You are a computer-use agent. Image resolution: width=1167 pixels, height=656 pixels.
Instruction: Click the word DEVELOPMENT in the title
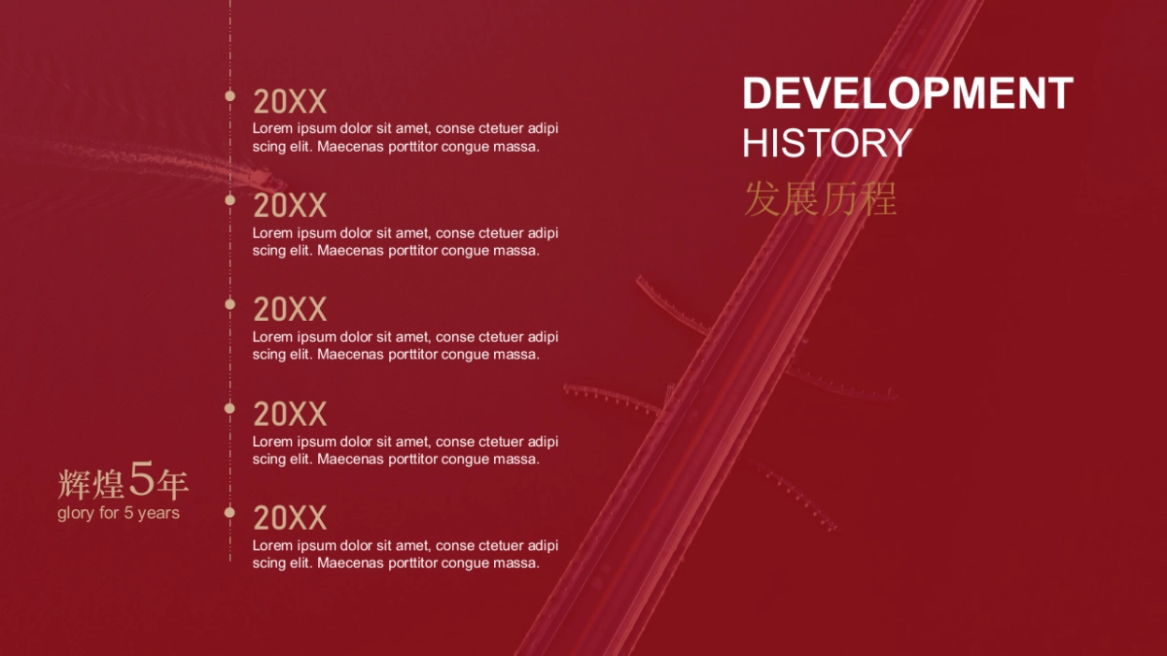(907, 93)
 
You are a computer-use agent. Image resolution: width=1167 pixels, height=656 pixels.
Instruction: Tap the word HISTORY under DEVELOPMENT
(828, 143)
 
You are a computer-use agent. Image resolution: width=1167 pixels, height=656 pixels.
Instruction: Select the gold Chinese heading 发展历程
(821, 199)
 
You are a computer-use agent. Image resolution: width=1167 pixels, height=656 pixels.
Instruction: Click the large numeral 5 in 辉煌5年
(141, 479)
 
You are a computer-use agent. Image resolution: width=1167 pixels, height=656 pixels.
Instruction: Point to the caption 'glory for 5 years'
(119, 513)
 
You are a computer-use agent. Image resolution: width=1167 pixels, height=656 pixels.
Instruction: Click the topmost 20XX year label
(290, 101)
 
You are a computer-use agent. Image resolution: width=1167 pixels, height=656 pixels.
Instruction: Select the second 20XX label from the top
(290, 206)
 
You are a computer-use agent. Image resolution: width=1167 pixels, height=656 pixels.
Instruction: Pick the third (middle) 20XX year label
(290, 310)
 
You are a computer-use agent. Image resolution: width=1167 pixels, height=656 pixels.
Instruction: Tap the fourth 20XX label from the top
(290, 414)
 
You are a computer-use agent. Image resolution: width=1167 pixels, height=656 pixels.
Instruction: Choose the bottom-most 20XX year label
(290, 518)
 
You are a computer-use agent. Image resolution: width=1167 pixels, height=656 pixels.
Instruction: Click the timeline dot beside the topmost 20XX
(230, 96)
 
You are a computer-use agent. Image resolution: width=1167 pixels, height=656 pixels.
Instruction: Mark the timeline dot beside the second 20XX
(230, 200)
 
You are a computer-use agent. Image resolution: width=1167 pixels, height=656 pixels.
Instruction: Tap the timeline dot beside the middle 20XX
(230, 304)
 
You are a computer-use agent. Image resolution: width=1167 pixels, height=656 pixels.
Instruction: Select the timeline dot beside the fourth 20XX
(230, 408)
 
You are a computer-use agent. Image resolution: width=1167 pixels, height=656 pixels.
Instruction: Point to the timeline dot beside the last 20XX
(230, 512)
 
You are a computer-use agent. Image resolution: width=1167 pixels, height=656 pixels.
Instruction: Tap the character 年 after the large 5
(172, 484)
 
